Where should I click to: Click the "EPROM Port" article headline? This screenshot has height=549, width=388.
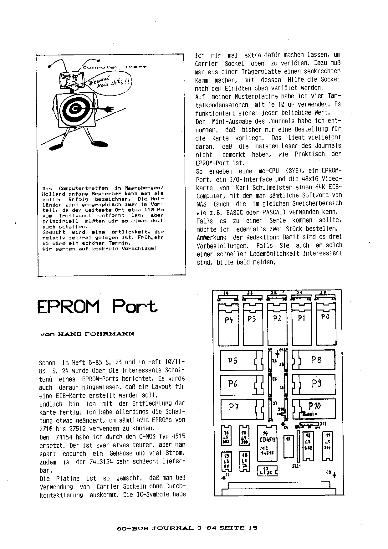pos(97,306)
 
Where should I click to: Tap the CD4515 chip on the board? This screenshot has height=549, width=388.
pos(267,444)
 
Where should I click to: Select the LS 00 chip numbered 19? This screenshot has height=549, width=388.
pos(227,461)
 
